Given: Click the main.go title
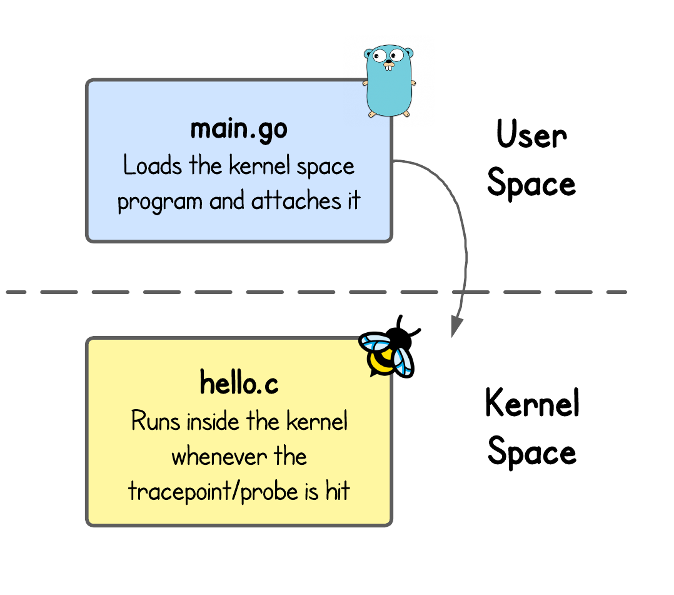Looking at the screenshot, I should point(239,129).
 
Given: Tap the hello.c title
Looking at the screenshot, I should point(239,383).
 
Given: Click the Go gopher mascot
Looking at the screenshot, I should point(389,81).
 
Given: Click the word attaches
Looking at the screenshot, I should point(298,202).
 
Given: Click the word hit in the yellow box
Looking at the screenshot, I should point(338,492).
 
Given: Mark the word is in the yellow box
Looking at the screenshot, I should point(312,492).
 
